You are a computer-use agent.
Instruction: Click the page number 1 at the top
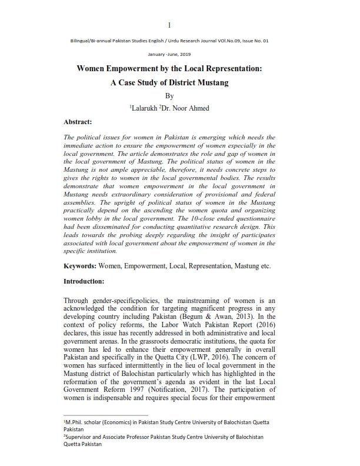click(x=169, y=25)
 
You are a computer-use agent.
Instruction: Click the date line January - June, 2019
click(x=169, y=54)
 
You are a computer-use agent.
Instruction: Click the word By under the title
click(x=169, y=96)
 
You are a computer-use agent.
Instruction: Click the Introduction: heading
click(x=84, y=281)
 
